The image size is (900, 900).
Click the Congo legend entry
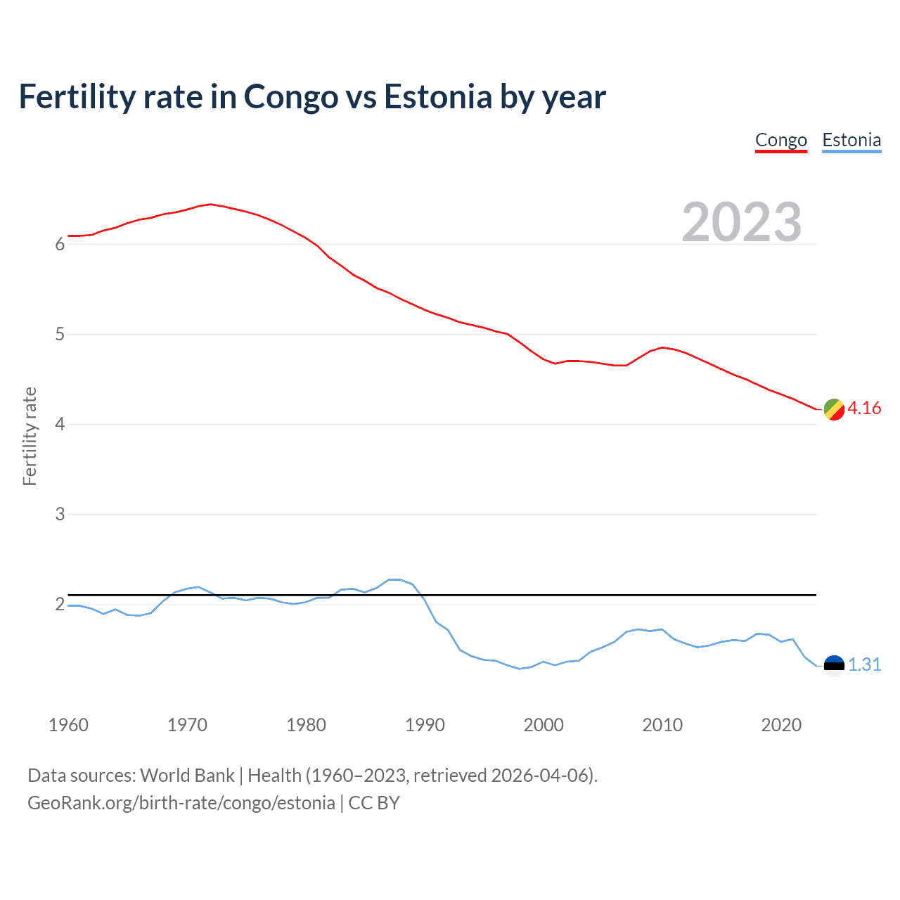[780, 140]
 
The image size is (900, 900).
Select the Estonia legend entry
[851, 140]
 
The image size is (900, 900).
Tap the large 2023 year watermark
[741, 222]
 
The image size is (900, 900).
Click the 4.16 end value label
[864, 409]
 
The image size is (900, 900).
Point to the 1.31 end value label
[864, 665]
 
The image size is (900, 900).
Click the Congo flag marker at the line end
[834, 409]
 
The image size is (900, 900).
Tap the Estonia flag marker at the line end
[834, 665]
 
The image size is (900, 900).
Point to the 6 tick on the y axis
[60, 245]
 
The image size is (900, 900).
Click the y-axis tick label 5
[60, 335]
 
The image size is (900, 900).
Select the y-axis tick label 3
[60, 515]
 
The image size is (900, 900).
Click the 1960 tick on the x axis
[68, 725]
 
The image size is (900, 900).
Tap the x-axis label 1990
[425, 725]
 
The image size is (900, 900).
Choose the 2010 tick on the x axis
[662, 725]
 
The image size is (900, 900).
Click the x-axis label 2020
[781, 725]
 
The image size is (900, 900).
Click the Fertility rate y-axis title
[30, 436]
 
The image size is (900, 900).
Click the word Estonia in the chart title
[437, 97]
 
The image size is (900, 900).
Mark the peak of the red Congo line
[210, 204]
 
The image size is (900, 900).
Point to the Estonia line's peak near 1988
[394, 579]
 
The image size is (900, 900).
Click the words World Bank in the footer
[187, 776]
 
